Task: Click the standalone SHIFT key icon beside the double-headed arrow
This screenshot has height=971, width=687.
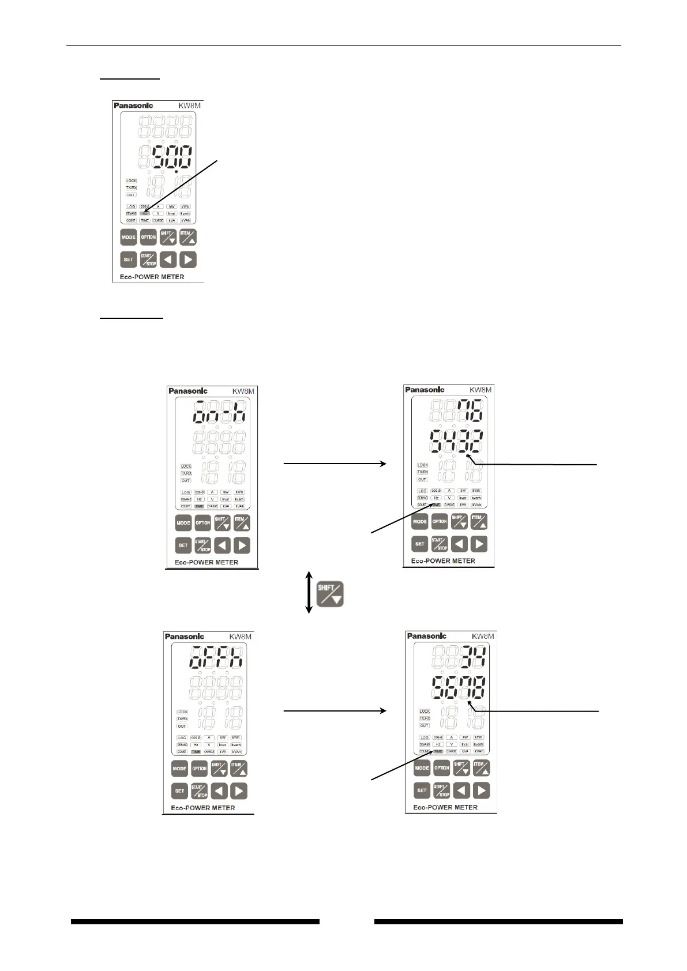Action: [330, 593]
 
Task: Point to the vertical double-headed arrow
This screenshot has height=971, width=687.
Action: [309, 592]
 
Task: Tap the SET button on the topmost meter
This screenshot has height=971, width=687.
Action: [128, 259]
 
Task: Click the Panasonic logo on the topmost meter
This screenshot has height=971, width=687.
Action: [132, 106]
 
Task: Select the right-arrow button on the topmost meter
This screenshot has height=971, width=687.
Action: [187, 259]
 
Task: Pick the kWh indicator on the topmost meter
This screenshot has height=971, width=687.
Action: [185, 206]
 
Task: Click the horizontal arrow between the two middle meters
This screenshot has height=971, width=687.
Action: [335, 463]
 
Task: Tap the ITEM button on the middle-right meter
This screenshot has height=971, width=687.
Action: [479, 521]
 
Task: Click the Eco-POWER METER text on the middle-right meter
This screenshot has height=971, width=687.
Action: [443, 560]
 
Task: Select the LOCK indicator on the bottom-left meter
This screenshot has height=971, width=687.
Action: [182, 712]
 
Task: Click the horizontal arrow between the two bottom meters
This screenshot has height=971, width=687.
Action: [335, 712]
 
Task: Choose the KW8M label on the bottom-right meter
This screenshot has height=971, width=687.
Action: [482, 636]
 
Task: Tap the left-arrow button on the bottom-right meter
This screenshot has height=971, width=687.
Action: [461, 790]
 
